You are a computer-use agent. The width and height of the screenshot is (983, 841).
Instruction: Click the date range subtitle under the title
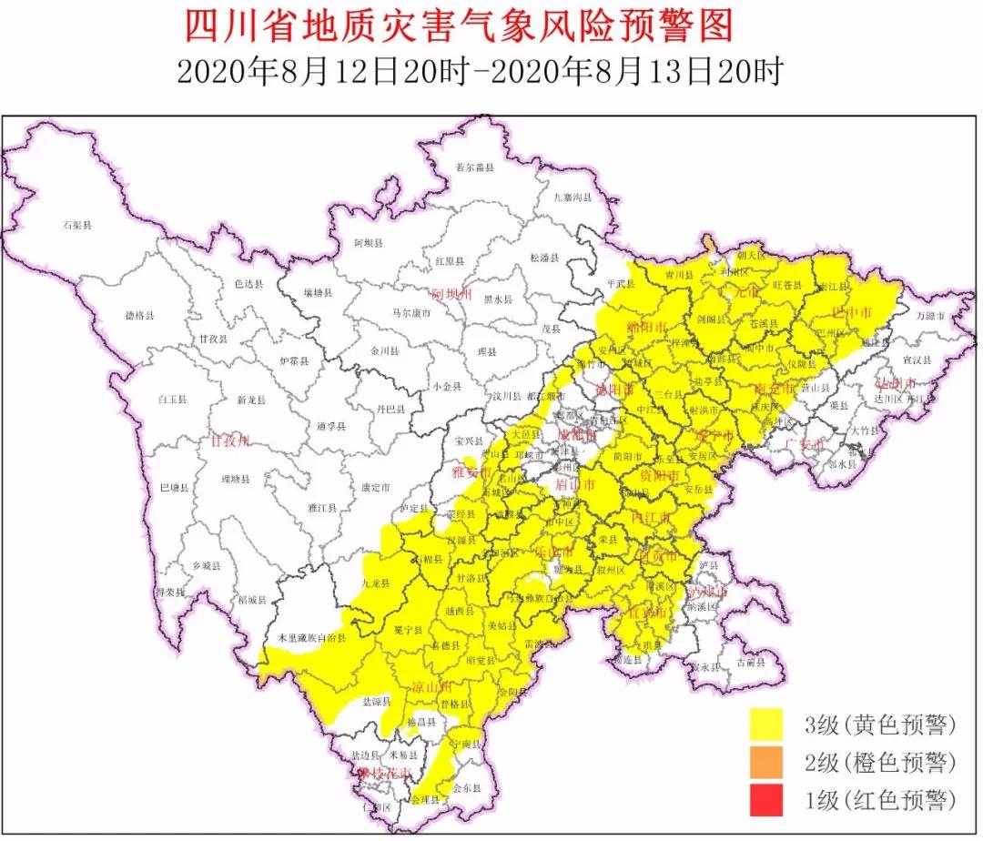(x=480, y=72)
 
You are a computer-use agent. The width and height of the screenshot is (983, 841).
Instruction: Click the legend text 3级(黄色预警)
(x=879, y=724)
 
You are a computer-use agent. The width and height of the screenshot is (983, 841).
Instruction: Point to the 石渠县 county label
(x=77, y=223)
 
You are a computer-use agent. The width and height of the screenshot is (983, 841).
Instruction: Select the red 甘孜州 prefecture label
(x=230, y=441)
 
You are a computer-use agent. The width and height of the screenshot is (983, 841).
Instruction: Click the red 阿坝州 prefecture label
(x=452, y=295)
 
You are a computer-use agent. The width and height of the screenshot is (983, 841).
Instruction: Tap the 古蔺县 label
(x=752, y=663)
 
